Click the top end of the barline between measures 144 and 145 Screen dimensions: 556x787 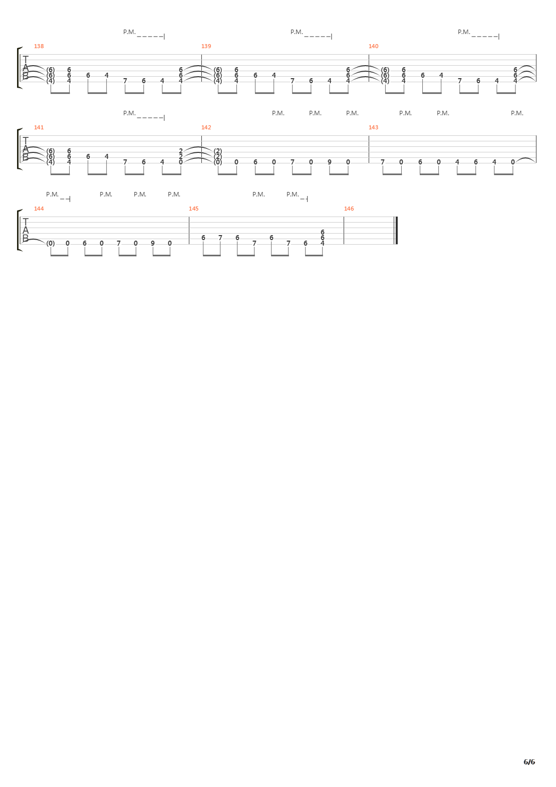[x=189, y=217]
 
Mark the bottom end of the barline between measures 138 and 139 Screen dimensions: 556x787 [x=201, y=82]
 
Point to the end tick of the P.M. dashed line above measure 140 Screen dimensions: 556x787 [x=499, y=36]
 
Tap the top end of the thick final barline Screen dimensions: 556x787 [x=397, y=217]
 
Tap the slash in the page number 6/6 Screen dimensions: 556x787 [x=529, y=762]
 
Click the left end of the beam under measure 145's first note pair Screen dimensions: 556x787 [x=203, y=256]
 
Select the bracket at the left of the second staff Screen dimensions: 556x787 [x=20, y=149]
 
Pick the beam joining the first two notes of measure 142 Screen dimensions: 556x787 [x=227, y=174]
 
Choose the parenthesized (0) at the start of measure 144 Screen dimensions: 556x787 [x=51, y=243]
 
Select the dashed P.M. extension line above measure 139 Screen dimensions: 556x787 [x=318, y=37]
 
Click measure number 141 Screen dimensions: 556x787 [x=39, y=127]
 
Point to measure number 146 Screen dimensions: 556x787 [x=349, y=209]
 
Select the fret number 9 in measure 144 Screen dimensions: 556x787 [x=153, y=243]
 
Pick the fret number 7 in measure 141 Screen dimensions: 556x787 [x=125, y=162]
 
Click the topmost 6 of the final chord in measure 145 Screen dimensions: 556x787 [x=323, y=232]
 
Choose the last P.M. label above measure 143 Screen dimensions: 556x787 [x=517, y=113]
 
